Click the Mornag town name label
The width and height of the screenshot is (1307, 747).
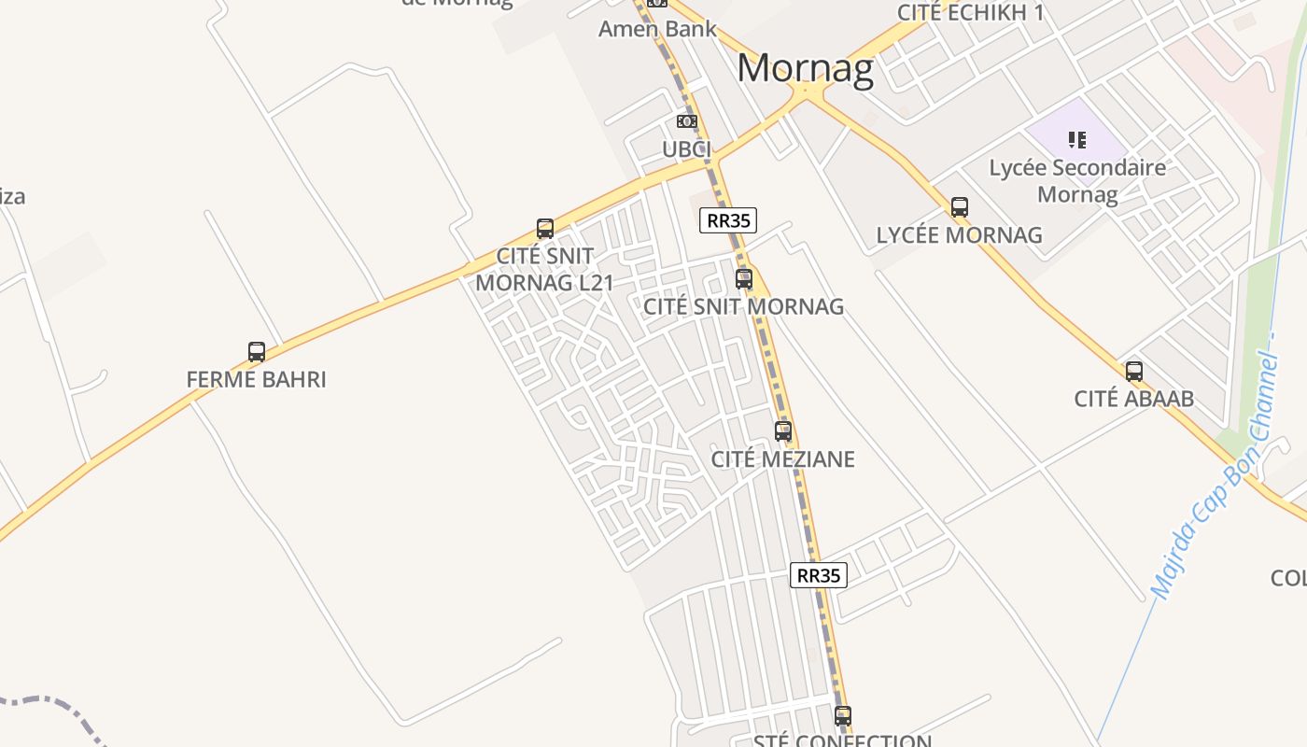tap(805, 69)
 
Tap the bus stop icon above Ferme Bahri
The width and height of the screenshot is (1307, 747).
tap(257, 352)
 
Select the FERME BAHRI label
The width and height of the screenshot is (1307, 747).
tap(257, 380)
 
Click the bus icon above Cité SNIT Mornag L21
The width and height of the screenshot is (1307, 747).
tap(545, 229)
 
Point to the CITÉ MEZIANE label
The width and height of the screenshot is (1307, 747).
tap(782, 459)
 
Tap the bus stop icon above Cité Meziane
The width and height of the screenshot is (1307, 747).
tap(783, 430)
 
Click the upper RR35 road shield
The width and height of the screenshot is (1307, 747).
tap(728, 220)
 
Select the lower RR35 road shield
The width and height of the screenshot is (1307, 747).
tap(819, 575)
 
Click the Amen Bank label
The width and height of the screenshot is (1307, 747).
tap(657, 29)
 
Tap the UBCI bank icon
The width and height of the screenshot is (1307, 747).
tap(687, 121)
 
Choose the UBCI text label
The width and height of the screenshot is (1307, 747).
tap(687, 149)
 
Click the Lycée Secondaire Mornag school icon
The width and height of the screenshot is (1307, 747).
tap(1077, 140)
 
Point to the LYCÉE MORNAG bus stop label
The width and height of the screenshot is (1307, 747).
tap(959, 235)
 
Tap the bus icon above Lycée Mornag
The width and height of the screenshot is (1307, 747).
tap(960, 207)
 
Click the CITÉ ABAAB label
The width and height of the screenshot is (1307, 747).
tap(1133, 399)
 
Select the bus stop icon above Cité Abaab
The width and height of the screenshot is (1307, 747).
tap(1134, 371)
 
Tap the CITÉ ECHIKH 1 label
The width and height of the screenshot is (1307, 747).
tap(970, 12)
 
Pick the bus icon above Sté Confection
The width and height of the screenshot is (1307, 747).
tap(843, 716)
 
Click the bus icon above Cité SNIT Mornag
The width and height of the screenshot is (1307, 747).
tap(744, 278)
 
